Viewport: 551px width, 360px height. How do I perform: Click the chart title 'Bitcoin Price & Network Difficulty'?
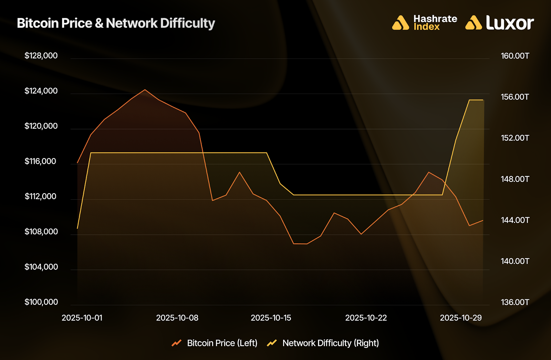(116, 23)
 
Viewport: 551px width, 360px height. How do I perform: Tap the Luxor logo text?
(510, 23)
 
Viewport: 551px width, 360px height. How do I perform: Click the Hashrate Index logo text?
(435, 23)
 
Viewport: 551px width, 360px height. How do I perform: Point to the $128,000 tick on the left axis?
(41, 56)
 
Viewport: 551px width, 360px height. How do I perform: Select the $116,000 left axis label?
(40, 161)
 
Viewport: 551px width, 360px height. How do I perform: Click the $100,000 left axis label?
(41, 302)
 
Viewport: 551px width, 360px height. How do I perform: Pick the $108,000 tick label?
(41, 232)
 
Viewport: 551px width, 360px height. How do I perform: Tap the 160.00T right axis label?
(515, 56)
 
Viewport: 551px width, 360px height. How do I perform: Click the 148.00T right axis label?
(515, 179)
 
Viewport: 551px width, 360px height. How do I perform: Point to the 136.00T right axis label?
(515, 303)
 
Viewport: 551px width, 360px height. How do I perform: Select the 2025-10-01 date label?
(82, 318)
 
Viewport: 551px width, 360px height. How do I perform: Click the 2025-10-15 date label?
(271, 318)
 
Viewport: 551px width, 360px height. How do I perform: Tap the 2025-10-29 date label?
(461, 318)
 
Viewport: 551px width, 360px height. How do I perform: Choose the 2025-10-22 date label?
(366, 318)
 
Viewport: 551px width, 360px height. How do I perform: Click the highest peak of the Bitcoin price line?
(145, 89)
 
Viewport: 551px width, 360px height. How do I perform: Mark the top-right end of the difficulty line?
(483, 100)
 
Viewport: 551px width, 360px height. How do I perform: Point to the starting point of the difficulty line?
(77, 228)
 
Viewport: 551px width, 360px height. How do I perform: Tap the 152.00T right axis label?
(515, 138)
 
